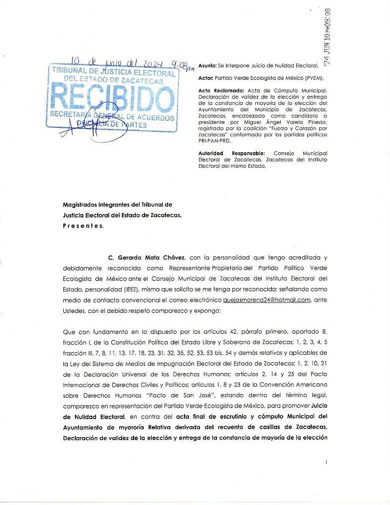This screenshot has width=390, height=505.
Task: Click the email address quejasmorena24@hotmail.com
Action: pyautogui.click(x=267, y=299)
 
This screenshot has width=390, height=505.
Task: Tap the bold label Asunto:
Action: pyautogui.click(x=207, y=65)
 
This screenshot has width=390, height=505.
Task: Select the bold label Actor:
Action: pyautogui.click(x=205, y=78)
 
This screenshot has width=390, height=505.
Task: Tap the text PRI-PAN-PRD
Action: pyautogui.click(x=216, y=140)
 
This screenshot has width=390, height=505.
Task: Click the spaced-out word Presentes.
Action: pyautogui.click(x=83, y=226)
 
